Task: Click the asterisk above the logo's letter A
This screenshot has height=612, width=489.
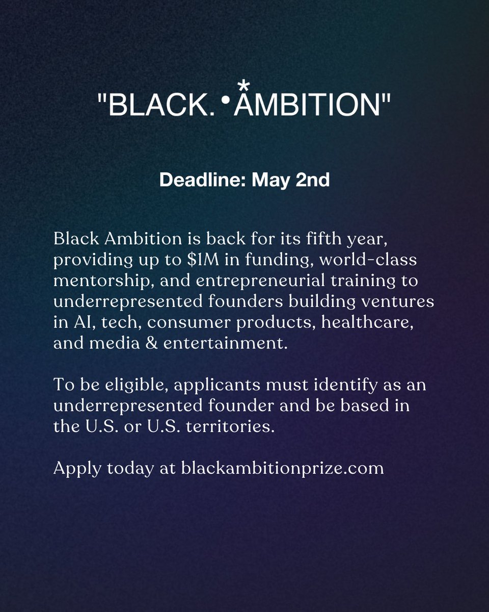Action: point(248,83)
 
